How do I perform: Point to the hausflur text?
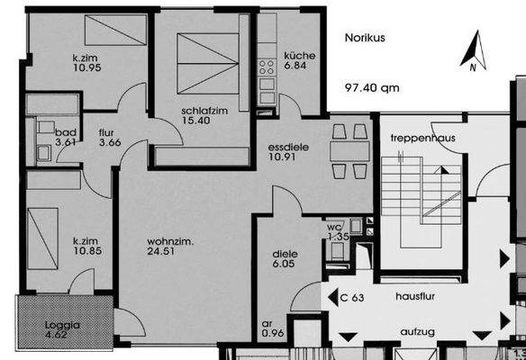413,294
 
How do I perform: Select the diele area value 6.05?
285,265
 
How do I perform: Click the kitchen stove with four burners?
267,66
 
